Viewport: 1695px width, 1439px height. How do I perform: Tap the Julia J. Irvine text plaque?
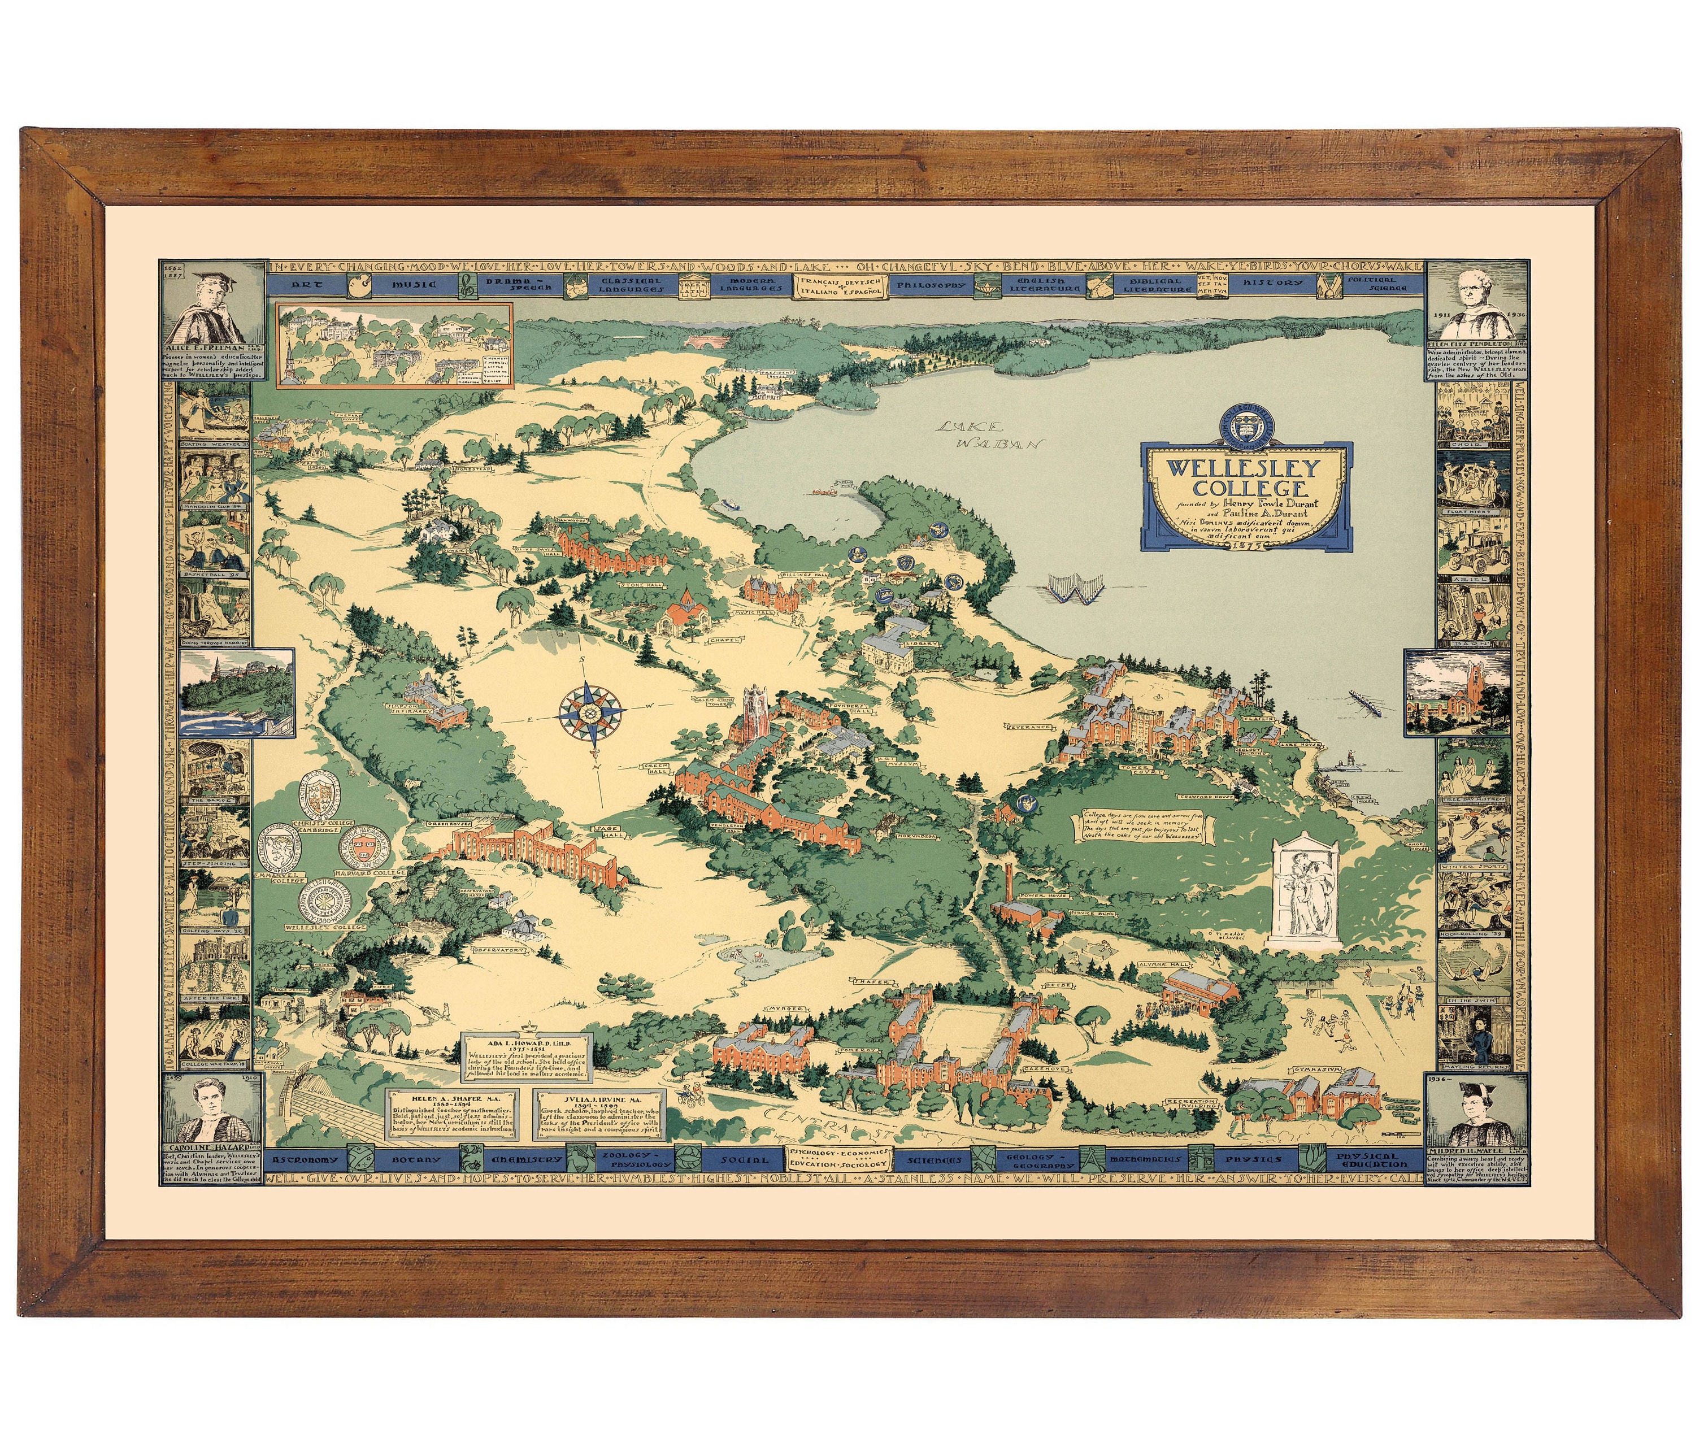pos(601,1115)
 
